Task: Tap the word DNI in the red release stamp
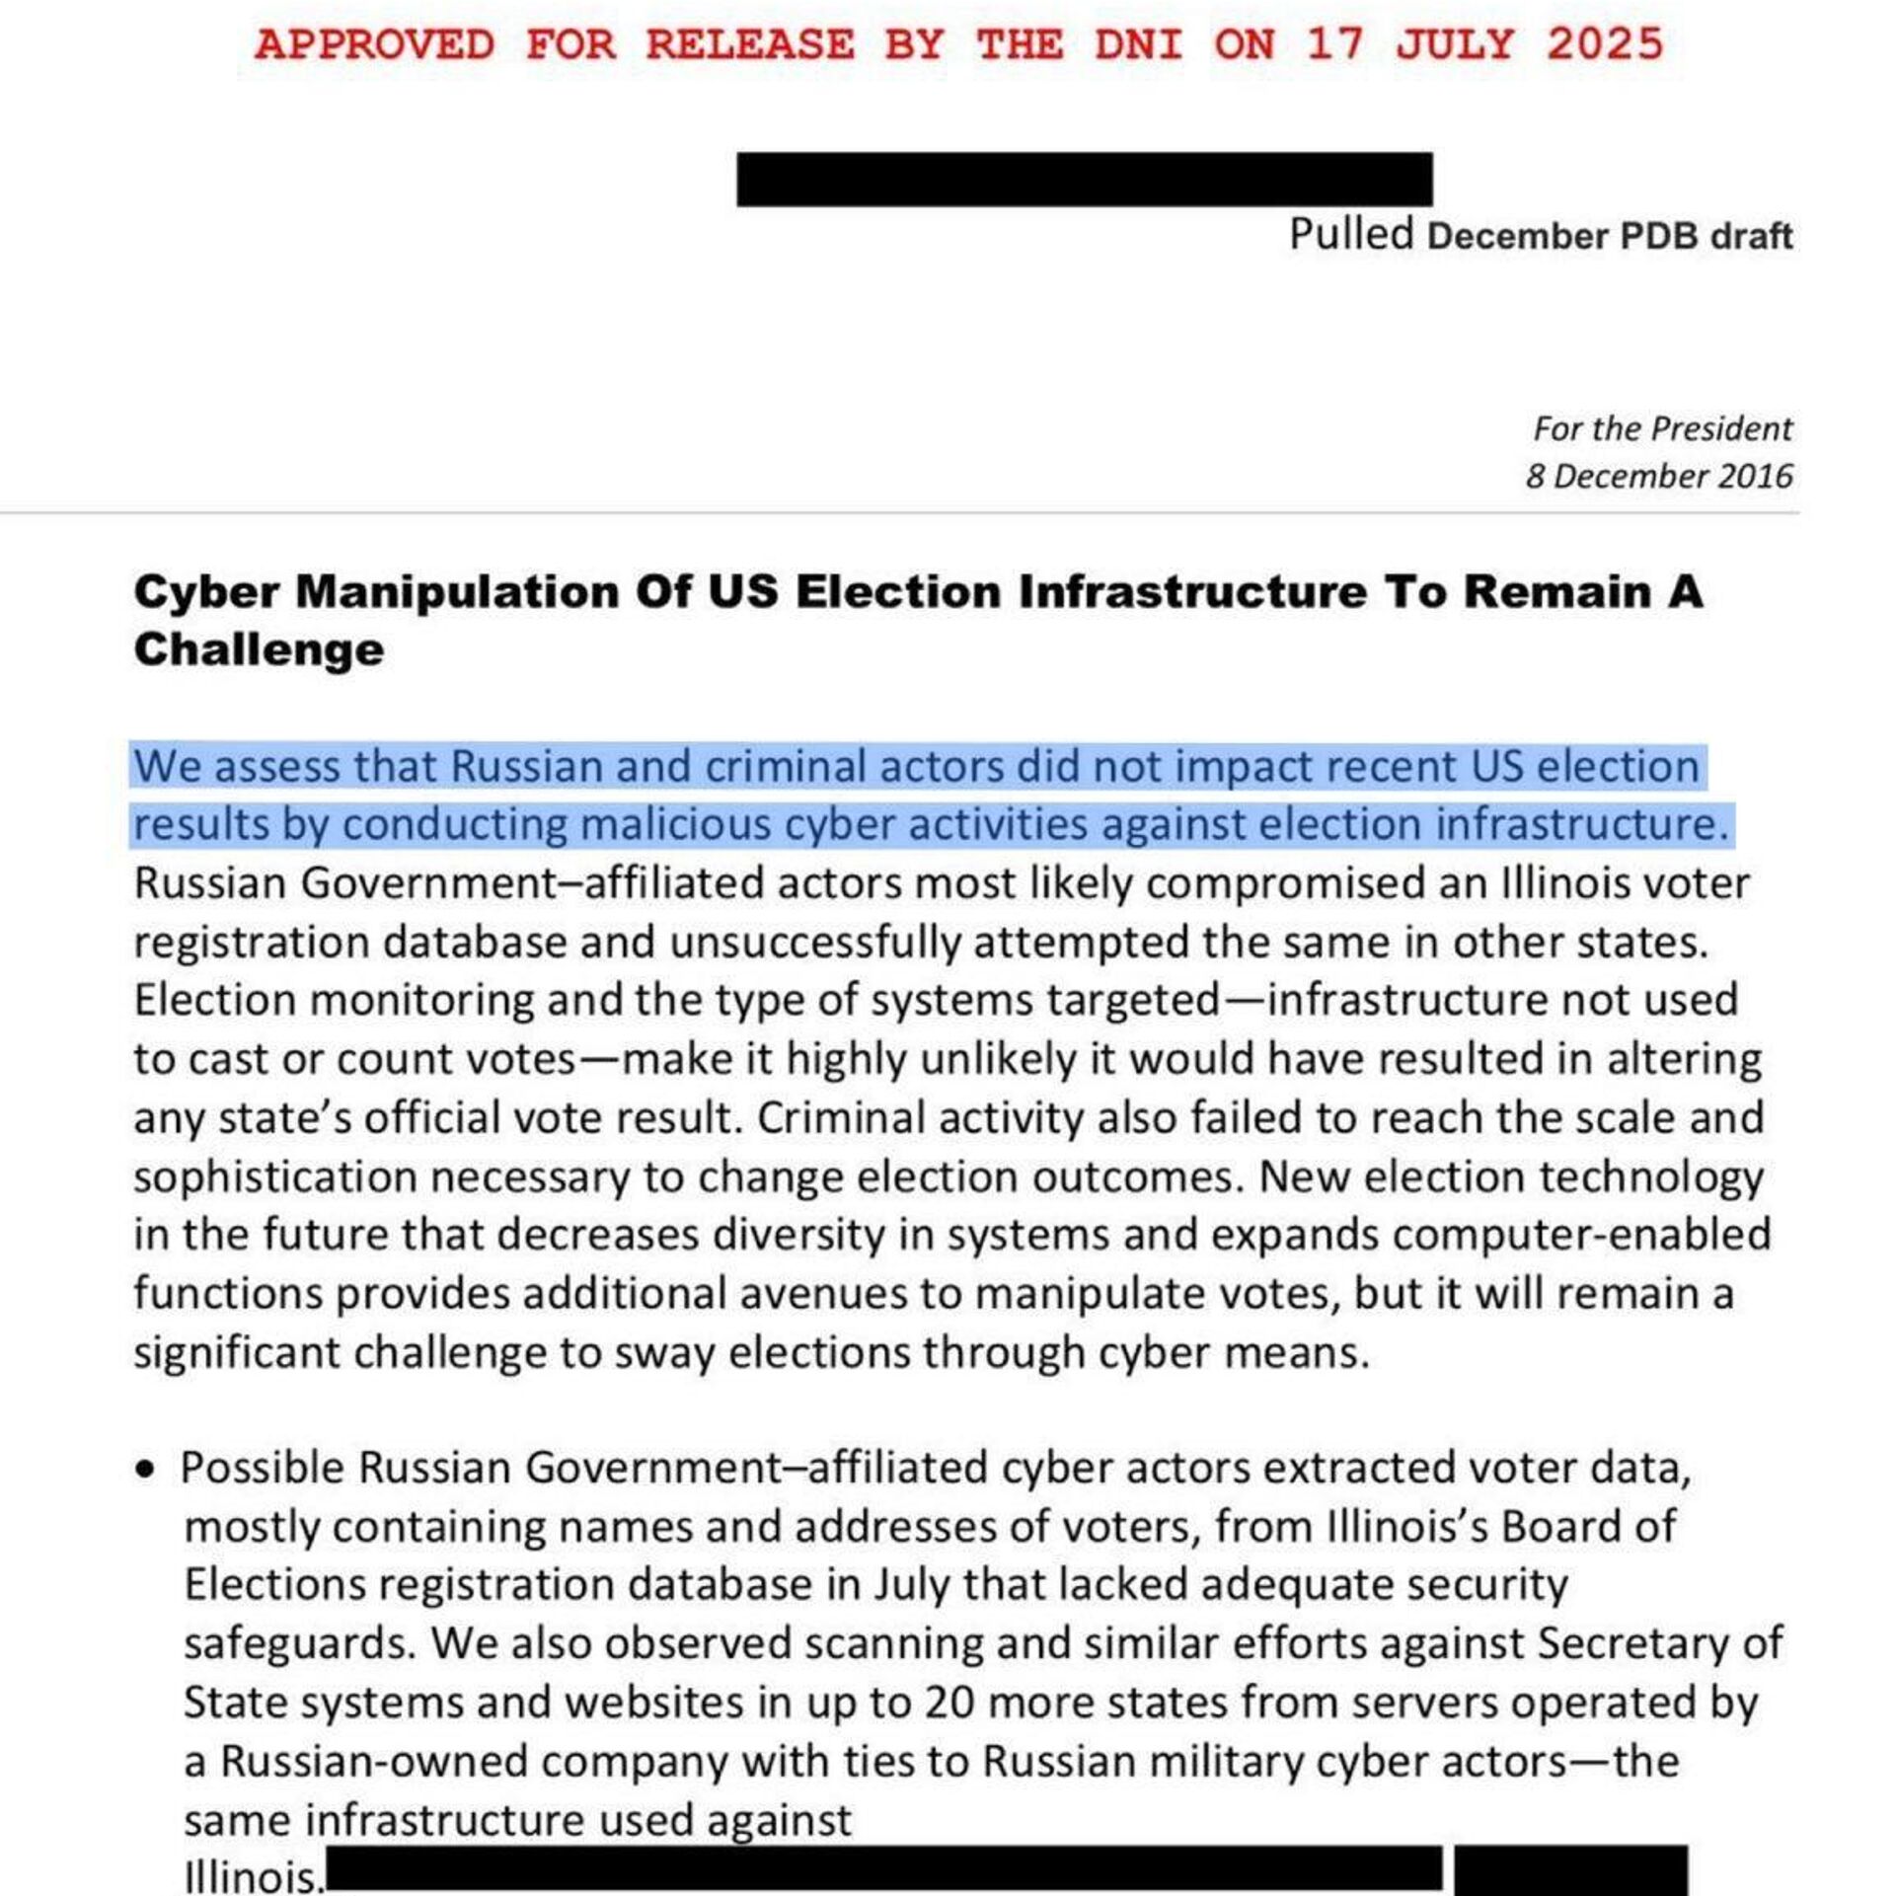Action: click(x=1138, y=44)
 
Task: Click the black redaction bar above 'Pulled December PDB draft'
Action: click(x=1084, y=179)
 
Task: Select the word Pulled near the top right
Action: click(x=1351, y=235)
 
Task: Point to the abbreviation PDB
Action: click(x=1659, y=237)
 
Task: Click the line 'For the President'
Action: click(x=1662, y=428)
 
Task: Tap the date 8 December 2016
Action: click(x=1658, y=476)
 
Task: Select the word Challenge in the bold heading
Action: click(x=259, y=649)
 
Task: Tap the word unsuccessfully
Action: click(x=814, y=943)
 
